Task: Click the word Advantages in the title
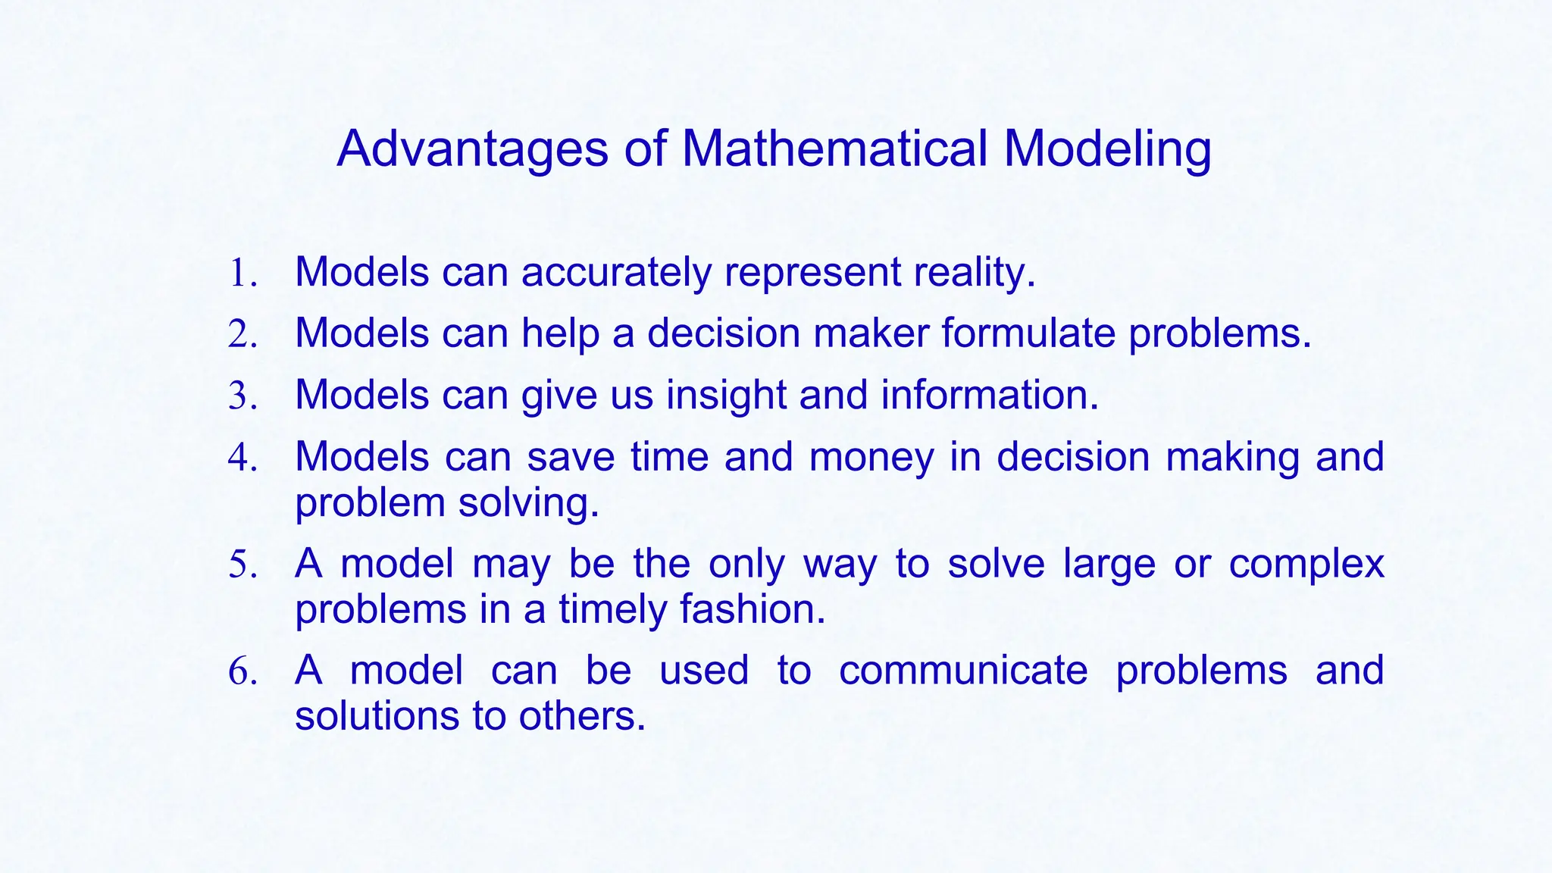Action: click(x=472, y=149)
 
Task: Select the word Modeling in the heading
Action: click(x=1107, y=149)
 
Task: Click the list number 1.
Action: click(x=242, y=274)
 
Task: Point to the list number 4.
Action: click(x=242, y=458)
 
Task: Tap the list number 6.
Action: click(x=242, y=672)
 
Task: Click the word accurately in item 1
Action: click(x=615, y=273)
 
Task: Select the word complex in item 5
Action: click(x=1306, y=565)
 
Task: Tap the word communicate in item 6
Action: click(x=963, y=671)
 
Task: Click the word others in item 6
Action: click(x=581, y=716)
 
